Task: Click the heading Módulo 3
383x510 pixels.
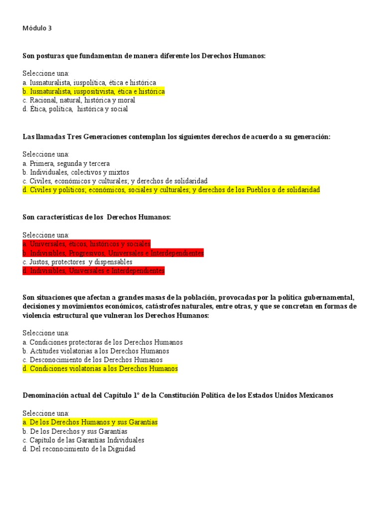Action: [x=37, y=28]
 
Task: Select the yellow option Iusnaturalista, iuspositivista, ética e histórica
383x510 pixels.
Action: [x=94, y=92]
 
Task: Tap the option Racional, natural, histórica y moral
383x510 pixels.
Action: [x=79, y=100]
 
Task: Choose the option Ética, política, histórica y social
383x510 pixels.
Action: [x=75, y=109]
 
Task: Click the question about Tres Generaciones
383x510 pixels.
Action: [x=177, y=137]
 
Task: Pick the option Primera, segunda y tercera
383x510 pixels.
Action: [x=66, y=163]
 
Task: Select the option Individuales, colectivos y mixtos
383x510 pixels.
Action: [x=76, y=172]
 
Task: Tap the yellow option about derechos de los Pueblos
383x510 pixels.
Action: [x=171, y=190]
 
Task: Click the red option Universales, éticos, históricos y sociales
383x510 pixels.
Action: [x=87, y=244]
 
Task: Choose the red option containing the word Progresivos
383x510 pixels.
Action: [x=113, y=253]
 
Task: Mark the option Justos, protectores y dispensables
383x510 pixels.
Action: [x=77, y=262]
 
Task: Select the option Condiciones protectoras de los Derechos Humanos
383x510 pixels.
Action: [x=103, y=342]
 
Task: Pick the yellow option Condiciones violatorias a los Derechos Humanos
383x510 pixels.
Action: [x=100, y=369]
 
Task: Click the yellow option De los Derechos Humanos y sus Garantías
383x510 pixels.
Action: [x=90, y=422]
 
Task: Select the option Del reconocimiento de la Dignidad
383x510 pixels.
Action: [x=79, y=449]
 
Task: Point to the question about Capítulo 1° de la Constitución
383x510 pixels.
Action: [x=178, y=395]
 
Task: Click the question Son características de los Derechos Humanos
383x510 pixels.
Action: [x=97, y=217]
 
